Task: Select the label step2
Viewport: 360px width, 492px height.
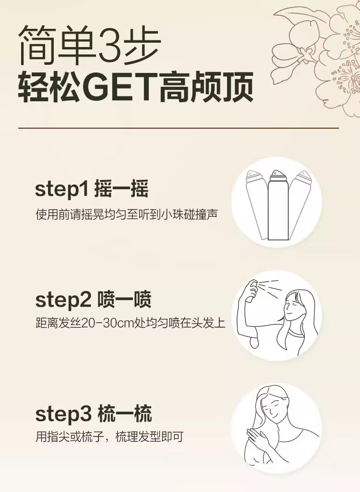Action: pos(63,300)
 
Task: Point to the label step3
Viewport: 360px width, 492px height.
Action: pos(63,414)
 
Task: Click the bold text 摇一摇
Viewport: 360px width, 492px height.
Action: pos(121,189)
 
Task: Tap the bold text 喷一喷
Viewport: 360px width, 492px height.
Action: pos(124,300)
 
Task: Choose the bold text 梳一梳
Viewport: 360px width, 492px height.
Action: pos(125,414)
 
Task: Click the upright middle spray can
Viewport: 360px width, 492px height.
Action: pos(277,205)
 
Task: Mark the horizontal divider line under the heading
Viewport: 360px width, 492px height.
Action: pos(179,128)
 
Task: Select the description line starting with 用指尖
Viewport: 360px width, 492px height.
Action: pos(109,436)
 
